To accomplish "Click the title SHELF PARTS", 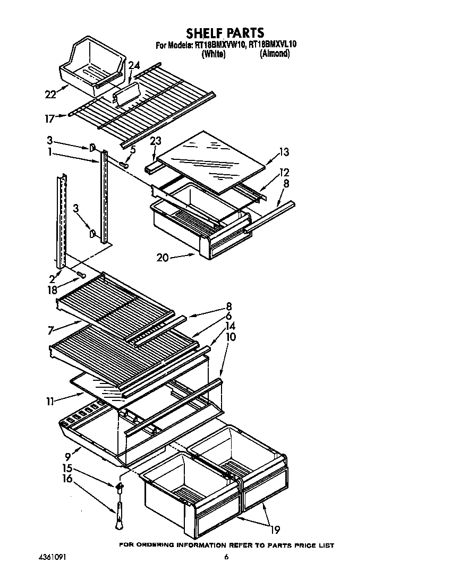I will [225, 33].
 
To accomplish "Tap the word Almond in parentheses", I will [274, 54].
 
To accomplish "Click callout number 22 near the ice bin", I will [50, 95].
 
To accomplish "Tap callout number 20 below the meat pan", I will [163, 258].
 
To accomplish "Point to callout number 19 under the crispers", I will [275, 529].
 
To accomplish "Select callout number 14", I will [231, 326].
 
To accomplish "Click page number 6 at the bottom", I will [227, 557].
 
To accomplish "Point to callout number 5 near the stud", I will [133, 150].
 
